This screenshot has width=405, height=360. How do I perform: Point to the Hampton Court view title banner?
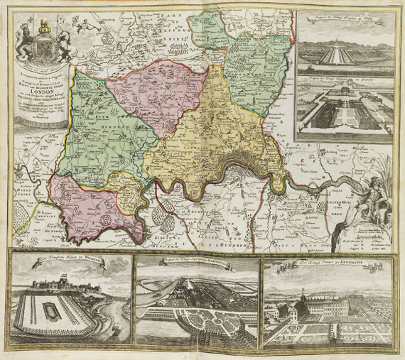coord(197,261)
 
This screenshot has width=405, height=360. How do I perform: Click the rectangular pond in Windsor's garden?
coord(50,312)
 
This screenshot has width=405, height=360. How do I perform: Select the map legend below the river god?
coord(369,241)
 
